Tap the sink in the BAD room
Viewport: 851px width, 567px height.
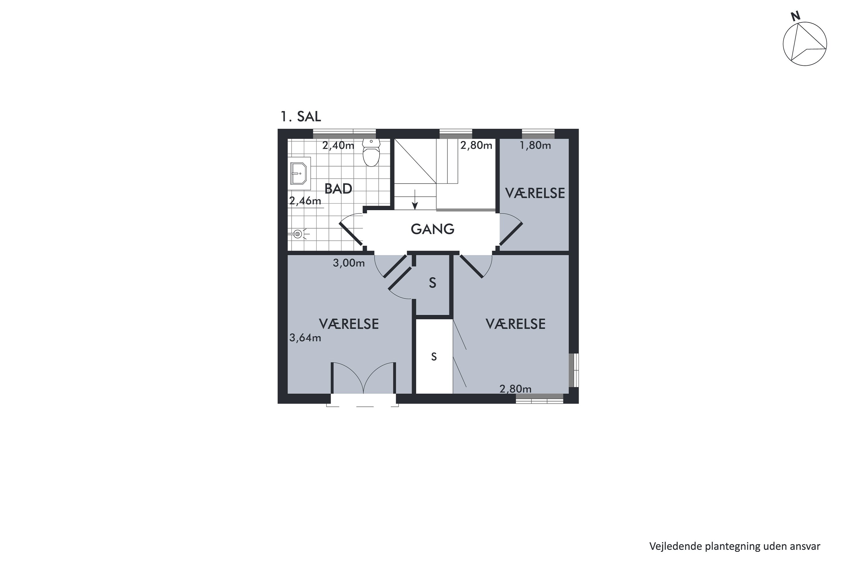[x=300, y=173]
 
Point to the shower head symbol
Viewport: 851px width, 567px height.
[x=298, y=234]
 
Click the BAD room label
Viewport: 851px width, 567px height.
[x=338, y=189]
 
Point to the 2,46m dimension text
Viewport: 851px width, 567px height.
[x=305, y=201]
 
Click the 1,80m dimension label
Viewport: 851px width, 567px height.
[x=535, y=145]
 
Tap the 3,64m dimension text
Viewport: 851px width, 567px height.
[x=305, y=338]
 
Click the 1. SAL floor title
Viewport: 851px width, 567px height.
[x=301, y=117]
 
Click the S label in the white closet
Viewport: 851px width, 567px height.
[x=434, y=357]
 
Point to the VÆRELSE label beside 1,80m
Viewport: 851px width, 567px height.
[x=535, y=193]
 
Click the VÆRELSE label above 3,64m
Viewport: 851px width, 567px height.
[x=349, y=324]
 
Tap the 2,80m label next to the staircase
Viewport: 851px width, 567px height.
[x=476, y=145]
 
